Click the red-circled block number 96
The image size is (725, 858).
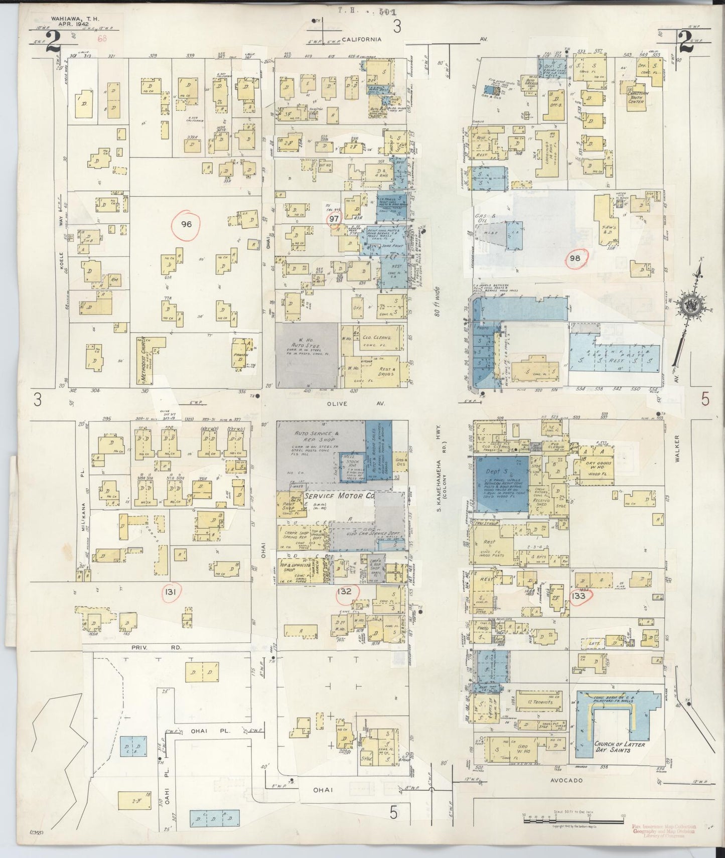(186, 224)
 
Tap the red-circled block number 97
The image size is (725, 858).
(334, 219)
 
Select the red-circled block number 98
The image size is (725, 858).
(575, 258)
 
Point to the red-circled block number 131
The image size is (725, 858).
(170, 593)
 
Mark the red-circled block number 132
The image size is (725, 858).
(344, 591)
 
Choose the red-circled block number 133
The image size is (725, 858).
(579, 596)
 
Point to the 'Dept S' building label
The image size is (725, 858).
(495, 472)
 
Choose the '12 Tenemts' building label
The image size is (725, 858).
(533, 702)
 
